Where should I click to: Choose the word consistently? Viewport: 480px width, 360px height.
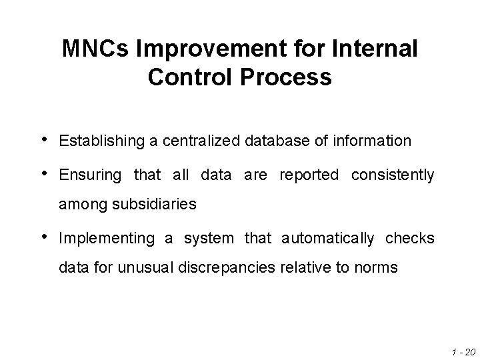coord(393,176)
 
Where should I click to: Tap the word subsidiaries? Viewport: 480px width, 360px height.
coord(156,205)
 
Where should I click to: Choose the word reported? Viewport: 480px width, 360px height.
coord(309,176)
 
